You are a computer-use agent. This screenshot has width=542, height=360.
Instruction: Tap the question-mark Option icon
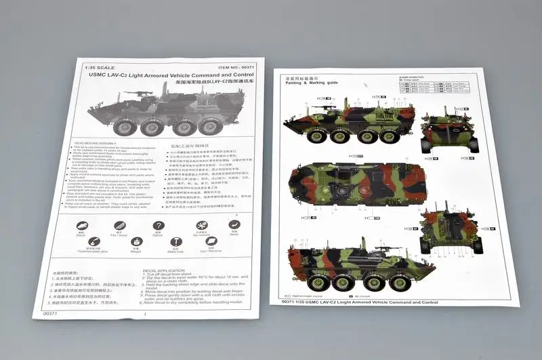point(159,226)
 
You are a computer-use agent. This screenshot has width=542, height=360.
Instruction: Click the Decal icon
point(81,225)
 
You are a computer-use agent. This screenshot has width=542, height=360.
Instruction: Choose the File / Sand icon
point(119,226)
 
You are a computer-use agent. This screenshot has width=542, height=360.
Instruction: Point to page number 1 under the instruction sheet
point(144,323)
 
